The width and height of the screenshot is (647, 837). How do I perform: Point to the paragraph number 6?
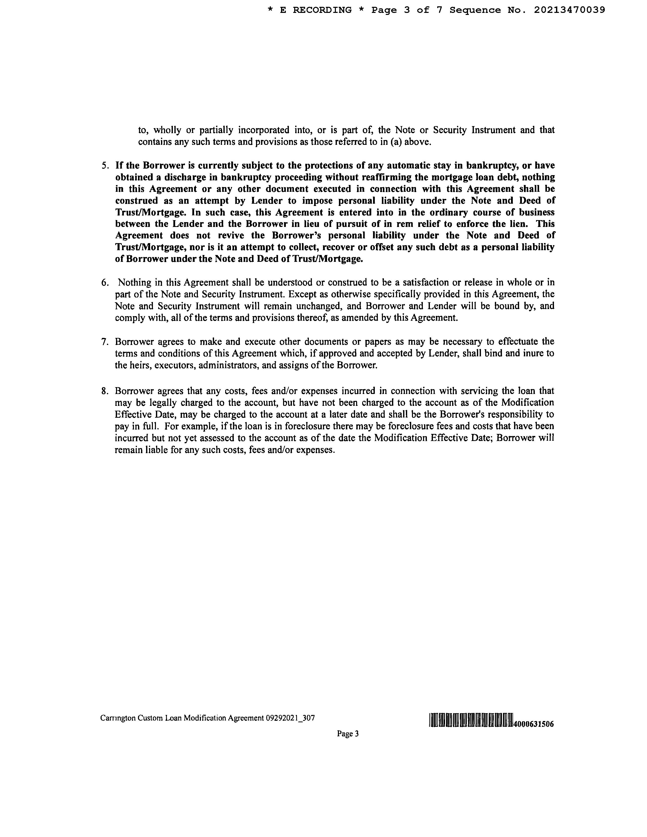click(105, 283)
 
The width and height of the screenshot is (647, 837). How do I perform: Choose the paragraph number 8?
click(105, 391)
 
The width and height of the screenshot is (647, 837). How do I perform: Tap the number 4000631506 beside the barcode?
click(534, 724)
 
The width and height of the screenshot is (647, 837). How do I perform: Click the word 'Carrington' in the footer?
click(118, 718)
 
